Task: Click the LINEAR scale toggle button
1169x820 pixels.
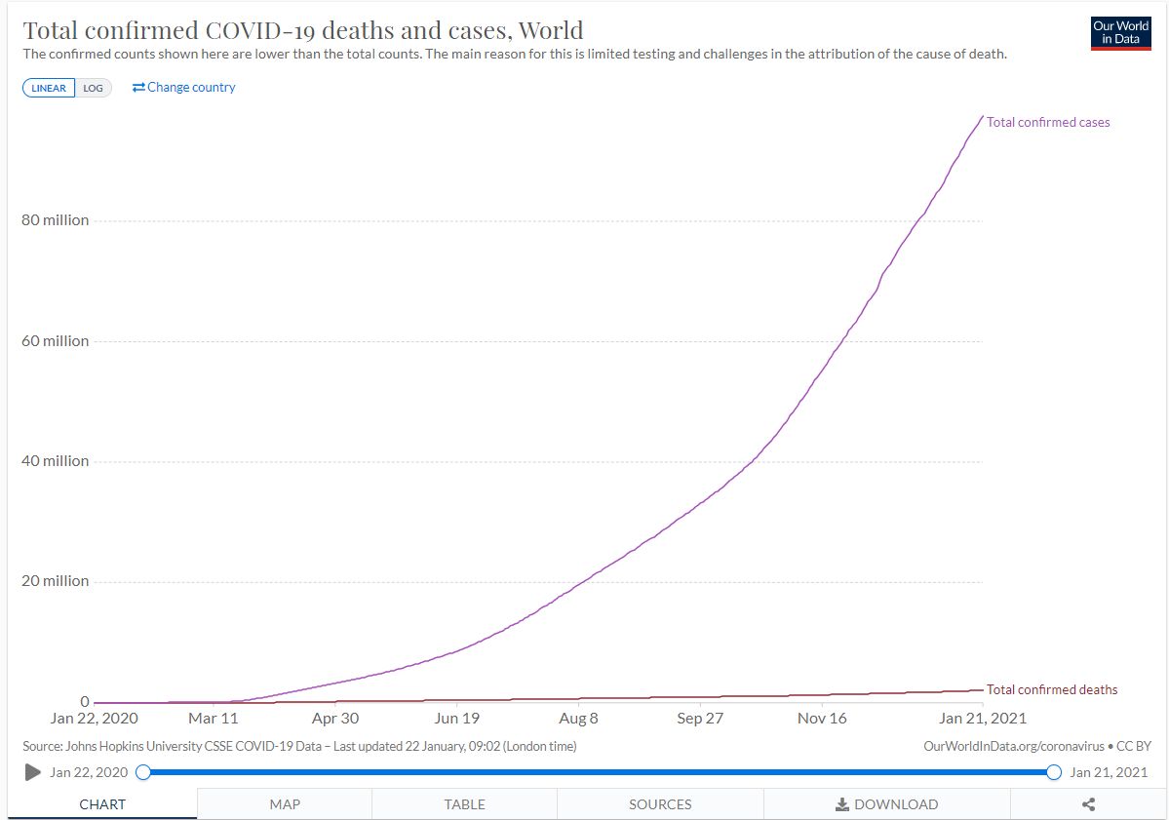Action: (49, 88)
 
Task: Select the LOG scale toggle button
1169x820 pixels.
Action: (93, 88)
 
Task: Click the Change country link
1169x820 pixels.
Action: (184, 87)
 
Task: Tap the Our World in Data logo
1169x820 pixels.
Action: (1120, 32)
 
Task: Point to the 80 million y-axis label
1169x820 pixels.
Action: (55, 220)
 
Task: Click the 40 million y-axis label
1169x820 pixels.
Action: (55, 461)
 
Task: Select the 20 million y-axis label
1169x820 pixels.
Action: (55, 581)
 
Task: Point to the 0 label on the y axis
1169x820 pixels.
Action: (84, 702)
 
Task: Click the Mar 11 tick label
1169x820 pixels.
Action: (213, 719)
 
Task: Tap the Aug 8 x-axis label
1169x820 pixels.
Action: (578, 719)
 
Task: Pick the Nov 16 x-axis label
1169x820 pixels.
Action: (822, 719)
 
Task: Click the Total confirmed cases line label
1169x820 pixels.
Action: (1048, 123)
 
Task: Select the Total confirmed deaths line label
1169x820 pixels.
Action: (1052, 690)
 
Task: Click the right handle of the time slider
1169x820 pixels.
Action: (1053, 772)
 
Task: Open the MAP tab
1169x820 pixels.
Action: (285, 804)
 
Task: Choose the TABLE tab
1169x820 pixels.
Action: (465, 804)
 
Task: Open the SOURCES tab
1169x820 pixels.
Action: (660, 804)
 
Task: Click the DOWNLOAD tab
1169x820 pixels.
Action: (886, 804)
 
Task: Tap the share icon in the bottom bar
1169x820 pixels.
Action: (1089, 804)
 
